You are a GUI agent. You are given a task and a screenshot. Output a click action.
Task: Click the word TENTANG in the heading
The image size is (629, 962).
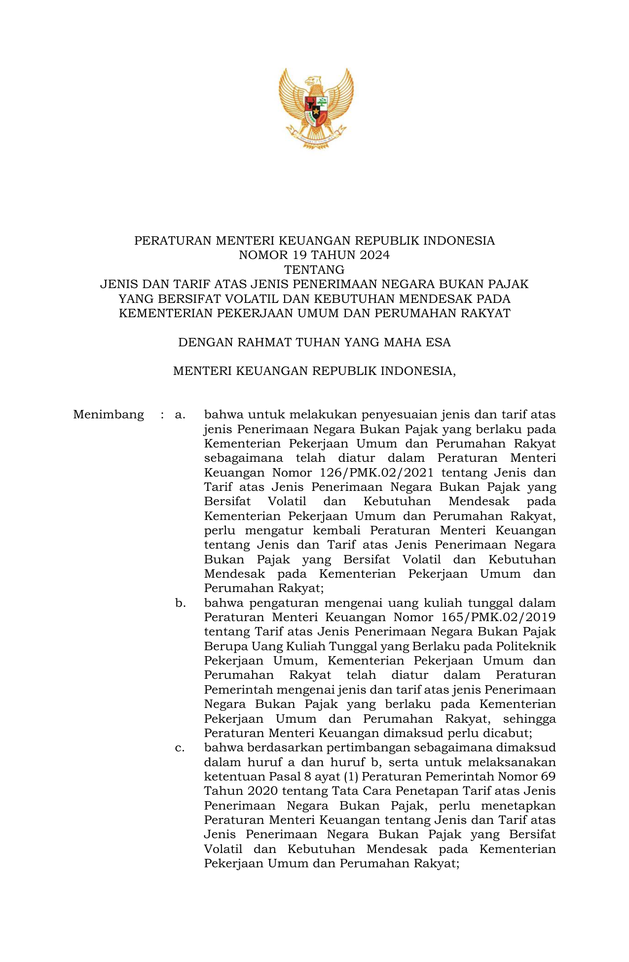coord(314,270)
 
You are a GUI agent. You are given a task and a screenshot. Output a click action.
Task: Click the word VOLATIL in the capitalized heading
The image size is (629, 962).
coord(255,299)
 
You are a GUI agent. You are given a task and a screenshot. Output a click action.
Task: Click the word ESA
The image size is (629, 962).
coord(439,342)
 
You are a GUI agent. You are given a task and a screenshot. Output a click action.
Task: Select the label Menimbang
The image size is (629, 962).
coord(109,415)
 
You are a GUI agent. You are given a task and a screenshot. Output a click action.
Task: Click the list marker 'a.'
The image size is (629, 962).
coord(180,415)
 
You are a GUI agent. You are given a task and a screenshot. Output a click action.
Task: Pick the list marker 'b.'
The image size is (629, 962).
coord(180,603)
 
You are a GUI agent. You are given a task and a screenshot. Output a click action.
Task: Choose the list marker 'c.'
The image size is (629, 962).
coord(180,748)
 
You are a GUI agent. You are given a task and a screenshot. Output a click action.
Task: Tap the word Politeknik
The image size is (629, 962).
coord(526,646)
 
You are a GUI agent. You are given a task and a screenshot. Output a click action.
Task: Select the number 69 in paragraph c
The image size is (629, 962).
coord(548,777)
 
